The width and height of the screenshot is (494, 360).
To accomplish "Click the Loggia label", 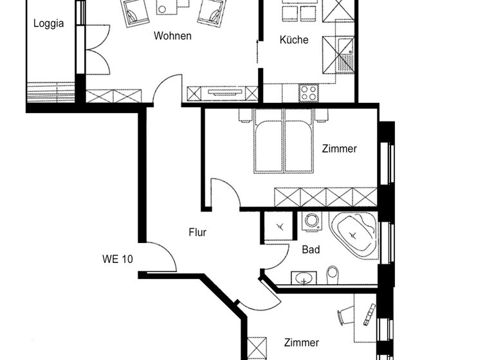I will pyautogui.click(x=49, y=24).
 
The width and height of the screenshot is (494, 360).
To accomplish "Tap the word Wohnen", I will pyautogui.click(x=172, y=36).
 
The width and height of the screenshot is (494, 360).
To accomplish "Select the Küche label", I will pyautogui.click(x=294, y=40).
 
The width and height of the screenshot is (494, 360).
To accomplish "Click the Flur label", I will pyautogui.click(x=197, y=233).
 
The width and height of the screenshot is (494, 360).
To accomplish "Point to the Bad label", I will pyautogui.click(x=311, y=249).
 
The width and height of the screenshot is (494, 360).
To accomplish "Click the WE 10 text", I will pyautogui.click(x=118, y=260).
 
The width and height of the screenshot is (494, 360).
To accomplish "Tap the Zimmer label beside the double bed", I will pyautogui.click(x=339, y=149).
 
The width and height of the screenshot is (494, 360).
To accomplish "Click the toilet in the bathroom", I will pyautogui.click(x=333, y=274).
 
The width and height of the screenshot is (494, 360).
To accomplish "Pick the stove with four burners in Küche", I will pyautogui.click(x=309, y=93).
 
